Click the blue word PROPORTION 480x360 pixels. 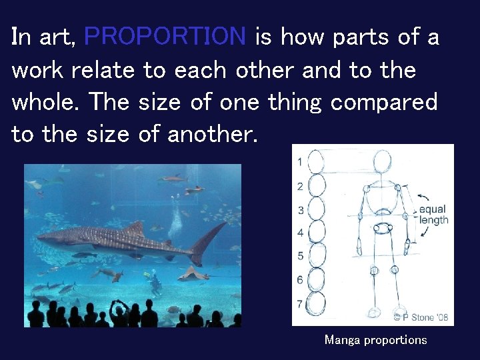(165, 36)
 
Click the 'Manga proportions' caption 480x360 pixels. (375, 340)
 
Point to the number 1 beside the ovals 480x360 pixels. (300, 161)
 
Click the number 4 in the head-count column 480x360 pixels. (300, 233)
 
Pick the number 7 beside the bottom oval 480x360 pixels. (300, 304)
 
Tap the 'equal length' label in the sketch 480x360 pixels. (433, 215)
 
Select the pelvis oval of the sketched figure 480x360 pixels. (382, 229)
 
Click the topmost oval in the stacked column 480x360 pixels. (316, 161)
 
